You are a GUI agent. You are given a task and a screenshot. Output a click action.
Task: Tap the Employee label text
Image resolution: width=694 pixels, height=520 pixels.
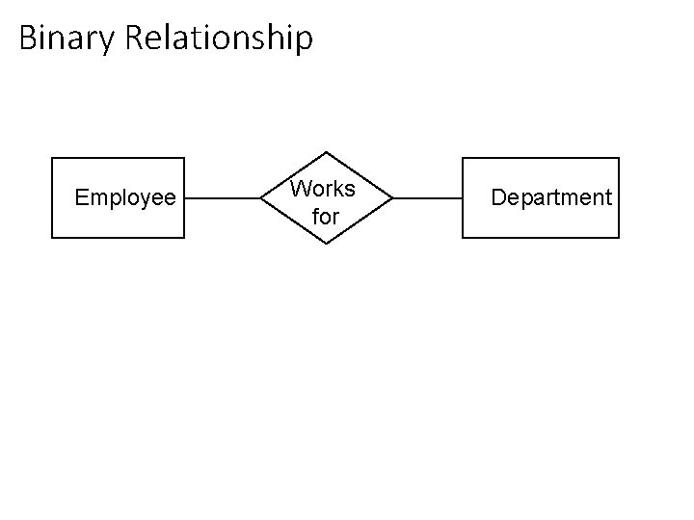[125, 198]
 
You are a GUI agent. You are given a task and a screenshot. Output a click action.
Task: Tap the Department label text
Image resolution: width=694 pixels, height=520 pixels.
[551, 197]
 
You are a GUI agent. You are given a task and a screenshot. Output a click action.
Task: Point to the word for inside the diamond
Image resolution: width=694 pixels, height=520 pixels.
[326, 218]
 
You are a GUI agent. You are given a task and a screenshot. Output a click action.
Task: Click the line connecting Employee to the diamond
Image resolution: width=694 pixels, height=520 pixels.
[223, 198]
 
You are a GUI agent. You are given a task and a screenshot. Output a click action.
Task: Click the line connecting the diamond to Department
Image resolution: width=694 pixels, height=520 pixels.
[428, 198]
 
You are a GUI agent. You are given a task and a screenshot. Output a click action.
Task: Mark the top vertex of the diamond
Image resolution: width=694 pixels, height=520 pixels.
[327, 152]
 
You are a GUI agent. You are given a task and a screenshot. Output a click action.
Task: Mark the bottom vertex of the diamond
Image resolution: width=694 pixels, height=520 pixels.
[327, 244]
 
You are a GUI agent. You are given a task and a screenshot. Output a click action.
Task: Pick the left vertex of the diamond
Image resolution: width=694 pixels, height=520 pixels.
[261, 198]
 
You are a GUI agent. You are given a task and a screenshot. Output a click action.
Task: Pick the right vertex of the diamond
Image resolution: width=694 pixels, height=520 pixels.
[393, 198]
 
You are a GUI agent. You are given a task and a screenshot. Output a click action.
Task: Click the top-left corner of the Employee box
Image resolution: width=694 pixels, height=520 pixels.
[52, 158]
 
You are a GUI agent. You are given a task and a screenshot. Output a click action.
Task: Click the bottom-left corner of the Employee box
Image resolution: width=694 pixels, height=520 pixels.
[52, 237]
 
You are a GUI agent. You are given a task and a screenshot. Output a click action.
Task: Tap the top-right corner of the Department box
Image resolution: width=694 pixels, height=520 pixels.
[619, 158]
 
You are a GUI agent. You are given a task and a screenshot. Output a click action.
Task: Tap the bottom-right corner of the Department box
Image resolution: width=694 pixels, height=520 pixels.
[619, 237]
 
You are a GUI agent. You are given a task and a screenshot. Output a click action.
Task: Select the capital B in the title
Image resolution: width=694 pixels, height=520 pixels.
[27, 39]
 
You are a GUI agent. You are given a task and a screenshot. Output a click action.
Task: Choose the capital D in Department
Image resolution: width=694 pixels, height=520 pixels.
[498, 197]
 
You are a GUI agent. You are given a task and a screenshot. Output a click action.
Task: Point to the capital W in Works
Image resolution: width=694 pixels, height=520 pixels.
[300, 188]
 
